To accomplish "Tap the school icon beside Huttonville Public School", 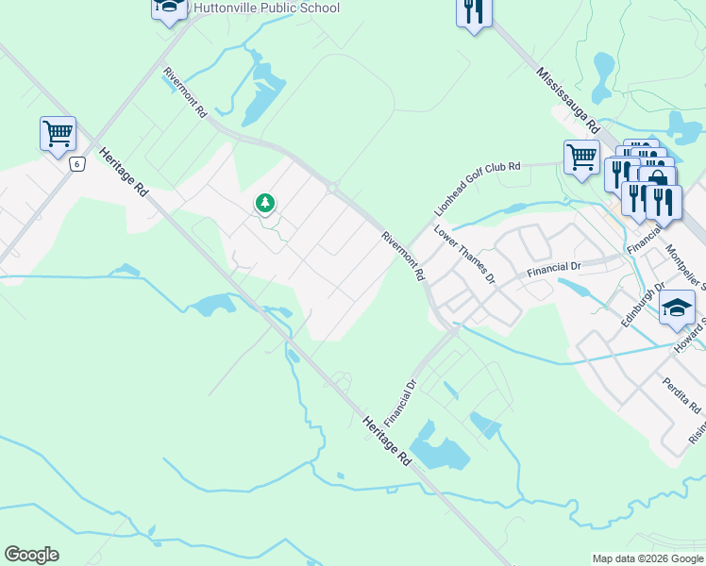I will tap(169, 8).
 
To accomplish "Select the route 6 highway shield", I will tap(76, 164).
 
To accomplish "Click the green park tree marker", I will tap(265, 202).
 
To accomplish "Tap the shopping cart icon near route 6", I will tap(58, 133).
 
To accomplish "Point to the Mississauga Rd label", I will tap(567, 99).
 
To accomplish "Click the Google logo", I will tap(31, 555).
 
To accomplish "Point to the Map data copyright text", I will tap(647, 558).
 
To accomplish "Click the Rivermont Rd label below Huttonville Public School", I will tap(185, 92).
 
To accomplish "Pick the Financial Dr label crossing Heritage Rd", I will tap(402, 401).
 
